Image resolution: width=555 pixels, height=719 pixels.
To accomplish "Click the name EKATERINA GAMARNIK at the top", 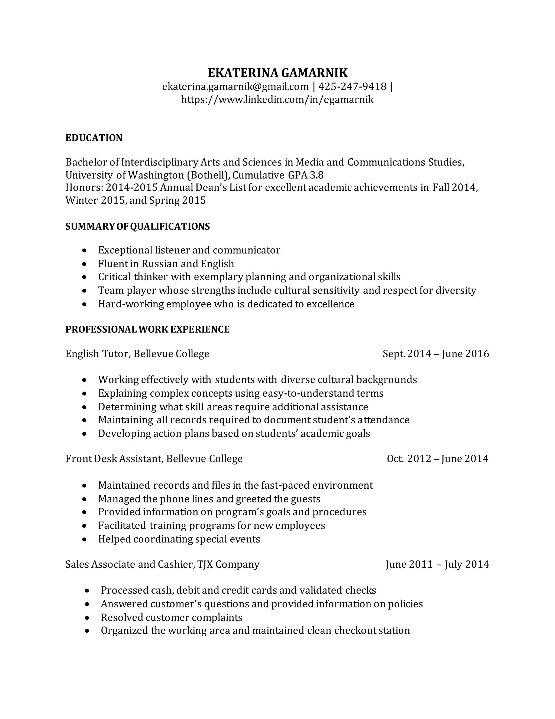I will (x=277, y=73).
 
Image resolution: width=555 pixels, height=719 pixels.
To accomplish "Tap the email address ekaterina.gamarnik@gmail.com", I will (x=235, y=87).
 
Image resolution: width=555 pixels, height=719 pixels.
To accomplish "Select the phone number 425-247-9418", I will (x=353, y=87).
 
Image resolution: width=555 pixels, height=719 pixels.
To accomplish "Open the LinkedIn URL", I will (x=277, y=99).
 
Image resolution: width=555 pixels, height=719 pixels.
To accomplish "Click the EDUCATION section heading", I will (x=94, y=138).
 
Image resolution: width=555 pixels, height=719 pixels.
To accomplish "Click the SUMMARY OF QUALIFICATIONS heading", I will (x=137, y=227).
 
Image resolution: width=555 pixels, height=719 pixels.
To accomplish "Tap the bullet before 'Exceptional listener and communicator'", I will (x=85, y=250).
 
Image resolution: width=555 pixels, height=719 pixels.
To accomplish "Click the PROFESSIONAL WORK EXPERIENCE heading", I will (x=147, y=329).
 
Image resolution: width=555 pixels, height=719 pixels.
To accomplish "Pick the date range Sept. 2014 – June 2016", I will (x=436, y=354).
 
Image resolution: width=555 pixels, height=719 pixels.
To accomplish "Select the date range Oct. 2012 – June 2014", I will (x=437, y=459).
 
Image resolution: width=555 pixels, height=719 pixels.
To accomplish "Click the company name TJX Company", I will (x=228, y=564).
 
